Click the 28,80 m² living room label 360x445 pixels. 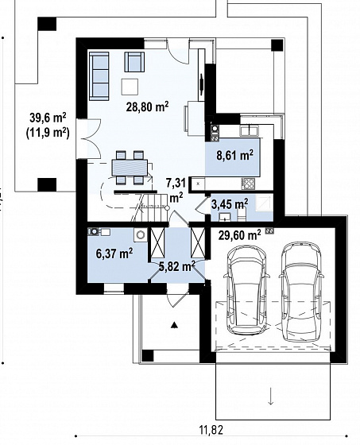point(148,108)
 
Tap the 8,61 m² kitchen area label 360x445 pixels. point(234,155)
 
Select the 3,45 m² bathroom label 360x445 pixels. point(230,203)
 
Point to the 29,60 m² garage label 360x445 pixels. point(240,235)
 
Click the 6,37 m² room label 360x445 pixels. point(114,253)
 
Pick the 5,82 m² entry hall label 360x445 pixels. point(176,266)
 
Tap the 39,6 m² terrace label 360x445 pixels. point(48,118)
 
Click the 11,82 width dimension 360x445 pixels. point(211,430)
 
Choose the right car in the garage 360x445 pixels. point(301,292)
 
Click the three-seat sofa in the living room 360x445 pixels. point(99,76)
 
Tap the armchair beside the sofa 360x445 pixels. point(134,62)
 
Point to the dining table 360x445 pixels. point(130,168)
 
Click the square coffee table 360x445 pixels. point(130,87)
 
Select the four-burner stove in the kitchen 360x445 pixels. point(248,184)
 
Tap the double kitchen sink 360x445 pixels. point(249,131)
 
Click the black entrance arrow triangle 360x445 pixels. point(174,325)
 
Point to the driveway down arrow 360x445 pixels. point(270,397)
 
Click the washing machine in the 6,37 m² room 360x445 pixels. point(141,235)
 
